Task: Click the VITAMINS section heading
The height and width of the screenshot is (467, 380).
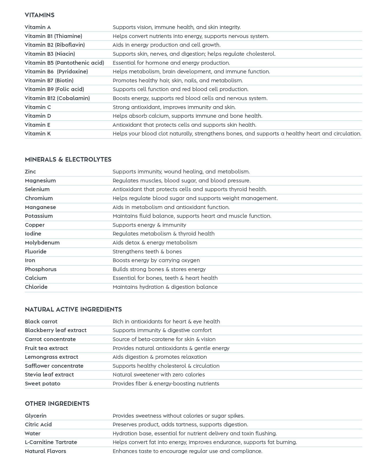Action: [40, 15]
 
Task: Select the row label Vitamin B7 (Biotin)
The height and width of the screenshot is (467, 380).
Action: [49, 81]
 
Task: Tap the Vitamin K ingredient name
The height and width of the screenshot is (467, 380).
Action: [38, 134]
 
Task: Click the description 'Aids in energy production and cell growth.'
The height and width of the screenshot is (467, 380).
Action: [167, 45]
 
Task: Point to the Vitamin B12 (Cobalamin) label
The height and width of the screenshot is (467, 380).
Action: [57, 98]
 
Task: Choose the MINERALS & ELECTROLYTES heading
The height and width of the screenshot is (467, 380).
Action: [68, 159]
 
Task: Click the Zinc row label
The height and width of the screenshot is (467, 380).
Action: [30, 172]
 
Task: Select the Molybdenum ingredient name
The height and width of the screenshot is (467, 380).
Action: [42, 243]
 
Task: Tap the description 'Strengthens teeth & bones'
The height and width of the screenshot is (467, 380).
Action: [147, 252]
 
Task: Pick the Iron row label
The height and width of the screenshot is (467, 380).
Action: [30, 260]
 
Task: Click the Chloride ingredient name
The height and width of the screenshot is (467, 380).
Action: [36, 287]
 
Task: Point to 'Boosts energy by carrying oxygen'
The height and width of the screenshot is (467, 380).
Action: [156, 260]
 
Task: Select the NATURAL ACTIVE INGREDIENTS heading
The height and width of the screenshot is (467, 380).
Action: [73, 309]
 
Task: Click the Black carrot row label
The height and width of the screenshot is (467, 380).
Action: [41, 322]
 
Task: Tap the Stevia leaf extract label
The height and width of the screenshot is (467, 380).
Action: [49, 375]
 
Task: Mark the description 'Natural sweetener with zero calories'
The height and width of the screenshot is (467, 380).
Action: [159, 375]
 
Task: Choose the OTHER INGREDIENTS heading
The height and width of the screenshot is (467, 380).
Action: [57, 404]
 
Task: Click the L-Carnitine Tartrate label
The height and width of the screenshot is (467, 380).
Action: [51, 442]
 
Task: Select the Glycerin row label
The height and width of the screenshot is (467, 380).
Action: [36, 416]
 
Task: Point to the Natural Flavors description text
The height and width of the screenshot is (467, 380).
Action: [187, 451]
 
